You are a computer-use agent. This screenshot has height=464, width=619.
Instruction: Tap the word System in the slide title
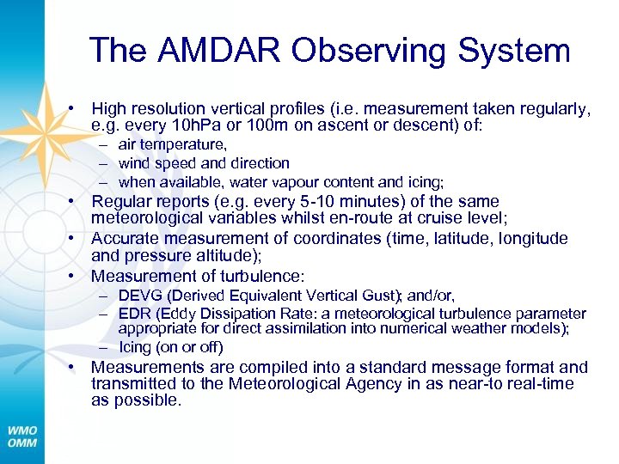517,51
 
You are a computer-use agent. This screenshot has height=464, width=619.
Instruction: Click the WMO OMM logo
22,434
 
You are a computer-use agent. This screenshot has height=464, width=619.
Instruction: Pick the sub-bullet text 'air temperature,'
173,144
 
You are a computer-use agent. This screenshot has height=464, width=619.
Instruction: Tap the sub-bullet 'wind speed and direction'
204,163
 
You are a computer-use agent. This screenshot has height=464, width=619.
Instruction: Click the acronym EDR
134,314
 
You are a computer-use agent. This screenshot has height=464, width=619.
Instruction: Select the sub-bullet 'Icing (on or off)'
171,347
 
